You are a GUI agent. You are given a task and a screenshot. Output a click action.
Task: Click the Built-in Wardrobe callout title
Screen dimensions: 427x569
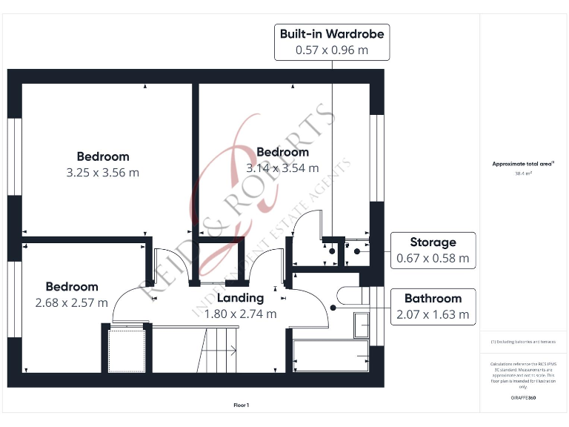[x=331, y=34]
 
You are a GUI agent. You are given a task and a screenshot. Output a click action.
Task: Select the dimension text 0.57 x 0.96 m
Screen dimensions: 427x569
[x=331, y=50]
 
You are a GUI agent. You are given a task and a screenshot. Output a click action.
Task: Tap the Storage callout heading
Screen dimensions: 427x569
[x=433, y=242]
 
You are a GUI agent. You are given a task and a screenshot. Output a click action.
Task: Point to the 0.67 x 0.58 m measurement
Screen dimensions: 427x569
[x=433, y=258]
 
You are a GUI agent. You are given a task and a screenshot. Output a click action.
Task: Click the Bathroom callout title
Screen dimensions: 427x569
[x=433, y=299]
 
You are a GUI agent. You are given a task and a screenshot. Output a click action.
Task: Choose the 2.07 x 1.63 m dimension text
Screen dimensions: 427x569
[x=433, y=314]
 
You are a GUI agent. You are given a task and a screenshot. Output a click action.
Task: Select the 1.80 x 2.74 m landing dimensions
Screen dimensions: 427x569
[x=240, y=314]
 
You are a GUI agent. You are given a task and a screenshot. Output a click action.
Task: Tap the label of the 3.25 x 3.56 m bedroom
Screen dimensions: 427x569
[x=103, y=156]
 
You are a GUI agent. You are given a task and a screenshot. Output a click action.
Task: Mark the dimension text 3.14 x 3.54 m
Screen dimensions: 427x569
[x=282, y=168]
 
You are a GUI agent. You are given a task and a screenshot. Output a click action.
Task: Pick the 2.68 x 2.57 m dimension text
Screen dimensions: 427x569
[x=71, y=302]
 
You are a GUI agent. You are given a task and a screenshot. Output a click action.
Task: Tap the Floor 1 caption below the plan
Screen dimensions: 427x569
[x=241, y=405]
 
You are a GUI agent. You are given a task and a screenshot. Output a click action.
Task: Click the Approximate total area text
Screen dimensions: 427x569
[x=522, y=164]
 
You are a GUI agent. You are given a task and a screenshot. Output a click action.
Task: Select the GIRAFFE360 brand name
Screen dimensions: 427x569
[x=522, y=398]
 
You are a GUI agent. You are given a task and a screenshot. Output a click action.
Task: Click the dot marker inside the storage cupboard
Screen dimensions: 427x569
[x=357, y=251]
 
